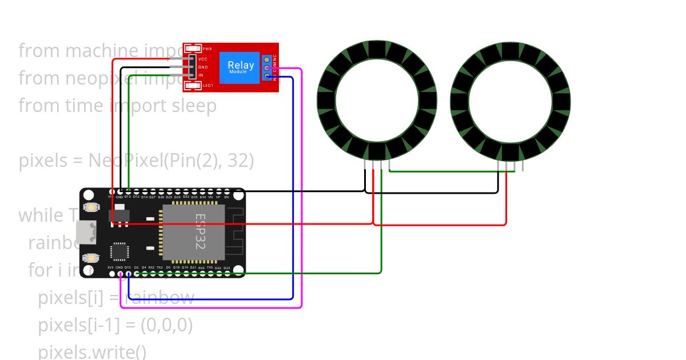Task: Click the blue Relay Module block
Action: [x=241, y=67]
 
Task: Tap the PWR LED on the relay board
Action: [x=193, y=49]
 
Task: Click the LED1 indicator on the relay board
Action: [x=193, y=86]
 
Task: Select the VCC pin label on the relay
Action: [x=203, y=59]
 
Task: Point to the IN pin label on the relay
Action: [x=201, y=75]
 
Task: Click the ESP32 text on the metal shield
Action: [x=201, y=231]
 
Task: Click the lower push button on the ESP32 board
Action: [x=90, y=258]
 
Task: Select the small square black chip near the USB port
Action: [x=119, y=251]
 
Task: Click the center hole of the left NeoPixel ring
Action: [x=377, y=101]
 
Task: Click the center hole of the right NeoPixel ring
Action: [x=510, y=101]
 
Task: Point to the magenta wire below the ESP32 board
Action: [x=212, y=307]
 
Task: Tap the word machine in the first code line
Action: [x=102, y=51]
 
